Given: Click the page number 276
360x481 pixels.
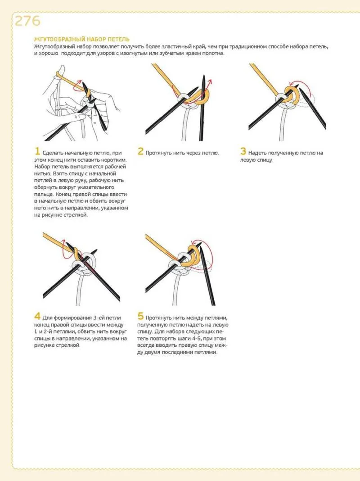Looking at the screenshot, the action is [x=27, y=21].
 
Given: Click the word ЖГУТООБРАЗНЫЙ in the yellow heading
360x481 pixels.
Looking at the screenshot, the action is [x=59, y=39].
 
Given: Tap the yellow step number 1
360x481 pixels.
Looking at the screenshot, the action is [x=37, y=151].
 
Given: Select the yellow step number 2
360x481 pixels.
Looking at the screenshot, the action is [x=140, y=151].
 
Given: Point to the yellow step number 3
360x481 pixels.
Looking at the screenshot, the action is [x=243, y=151].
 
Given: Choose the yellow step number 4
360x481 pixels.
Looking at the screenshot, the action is [x=37, y=316].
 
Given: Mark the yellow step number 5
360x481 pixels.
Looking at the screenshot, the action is [x=140, y=316].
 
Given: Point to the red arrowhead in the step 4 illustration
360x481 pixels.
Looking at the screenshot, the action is [x=64, y=241].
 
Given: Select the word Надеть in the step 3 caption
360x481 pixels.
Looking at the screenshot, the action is [x=257, y=153].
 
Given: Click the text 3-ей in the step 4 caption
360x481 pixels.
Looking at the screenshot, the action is [x=99, y=318].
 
